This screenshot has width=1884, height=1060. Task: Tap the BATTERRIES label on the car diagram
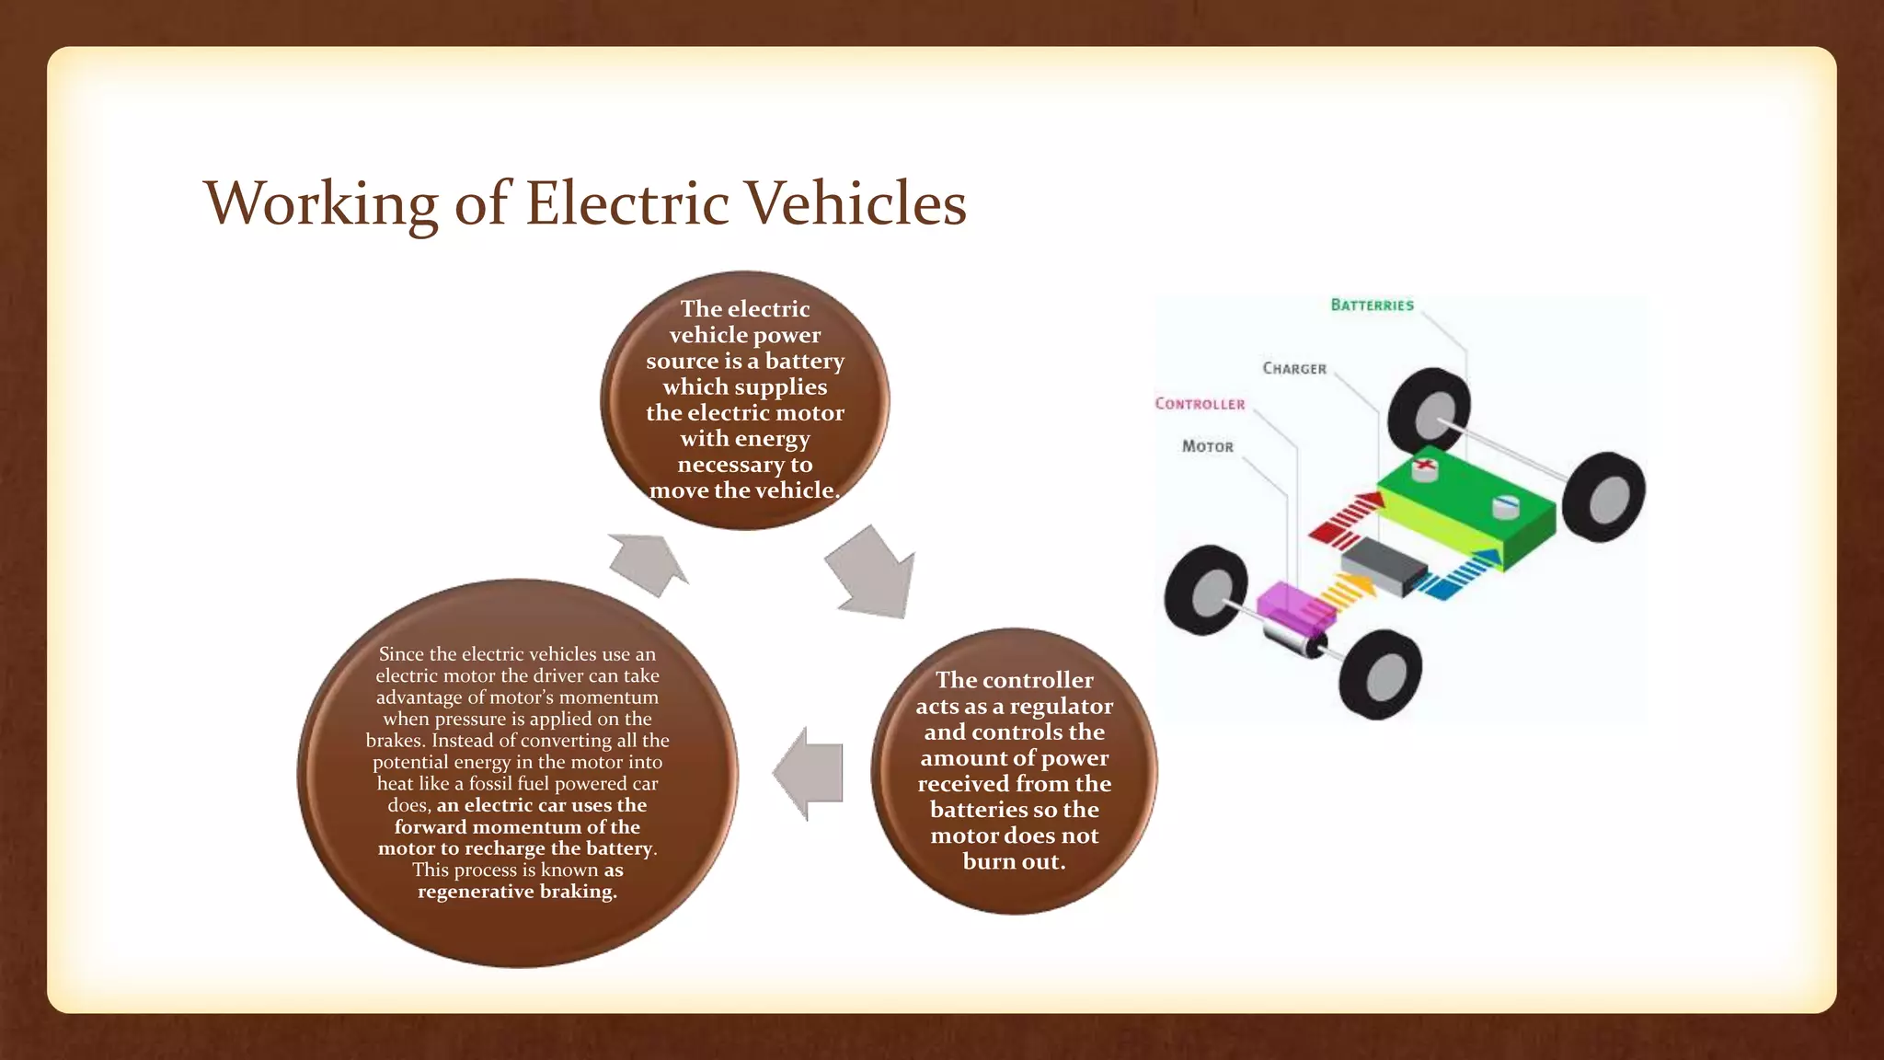1372,305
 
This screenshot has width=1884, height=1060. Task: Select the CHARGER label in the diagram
1294,369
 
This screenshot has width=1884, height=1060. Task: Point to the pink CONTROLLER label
1200,404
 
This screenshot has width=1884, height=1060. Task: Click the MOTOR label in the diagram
1207,447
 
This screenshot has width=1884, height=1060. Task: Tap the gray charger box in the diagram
1384,563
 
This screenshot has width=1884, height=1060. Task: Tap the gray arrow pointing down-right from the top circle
872,571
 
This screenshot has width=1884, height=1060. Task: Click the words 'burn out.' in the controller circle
1014,862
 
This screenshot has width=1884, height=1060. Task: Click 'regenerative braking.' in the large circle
517,892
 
